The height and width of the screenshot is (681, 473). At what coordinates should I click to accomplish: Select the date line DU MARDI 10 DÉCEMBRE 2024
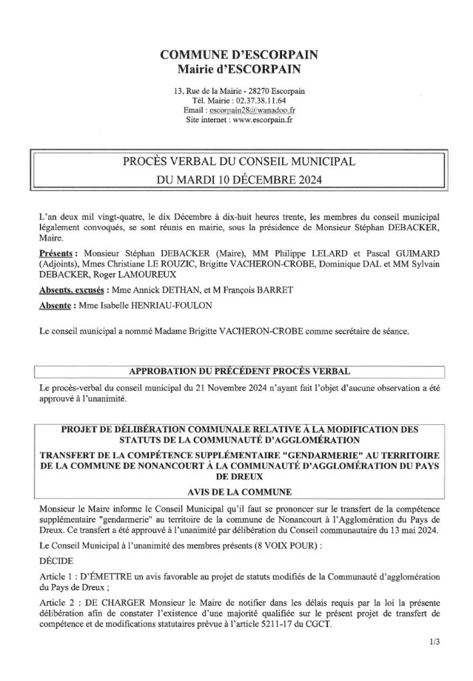236,180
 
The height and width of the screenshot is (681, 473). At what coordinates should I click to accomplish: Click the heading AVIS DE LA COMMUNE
236,493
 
